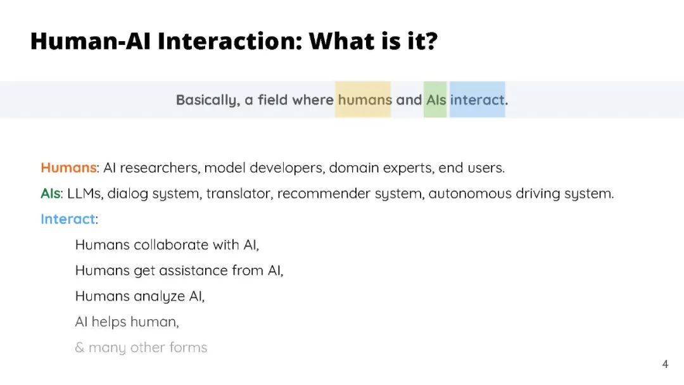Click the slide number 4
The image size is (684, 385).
click(665, 364)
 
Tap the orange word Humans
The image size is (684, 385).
click(68, 168)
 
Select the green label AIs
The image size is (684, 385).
click(50, 193)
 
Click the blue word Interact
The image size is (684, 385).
click(68, 219)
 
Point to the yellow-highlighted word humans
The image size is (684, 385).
click(365, 100)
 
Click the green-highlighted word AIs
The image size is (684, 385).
click(436, 100)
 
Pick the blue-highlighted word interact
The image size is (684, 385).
click(478, 100)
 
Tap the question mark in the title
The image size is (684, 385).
click(429, 41)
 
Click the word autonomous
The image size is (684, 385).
click(470, 193)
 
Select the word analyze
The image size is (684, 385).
click(159, 296)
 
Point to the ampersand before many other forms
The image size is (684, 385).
click(79, 348)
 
